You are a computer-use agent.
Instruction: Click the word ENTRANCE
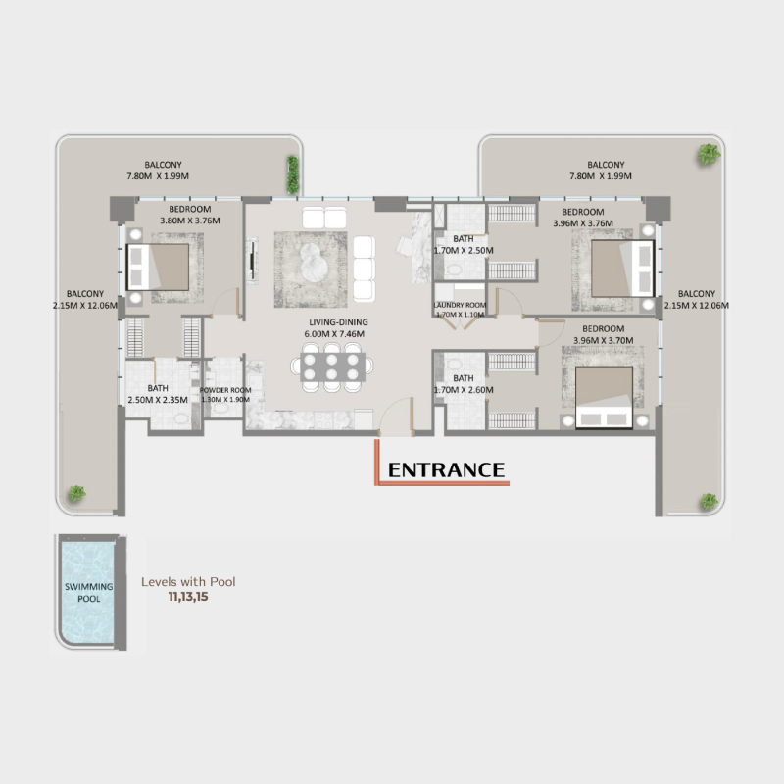tap(446, 469)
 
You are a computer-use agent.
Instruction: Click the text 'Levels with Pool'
tap(188, 581)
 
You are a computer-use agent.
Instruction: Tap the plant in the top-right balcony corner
tap(707, 153)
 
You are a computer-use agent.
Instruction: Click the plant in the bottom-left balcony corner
tap(75, 493)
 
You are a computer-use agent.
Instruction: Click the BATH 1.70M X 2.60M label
tap(464, 384)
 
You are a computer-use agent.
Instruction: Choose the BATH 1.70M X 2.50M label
tap(464, 245)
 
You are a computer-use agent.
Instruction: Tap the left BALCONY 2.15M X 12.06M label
tap(85, 299)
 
